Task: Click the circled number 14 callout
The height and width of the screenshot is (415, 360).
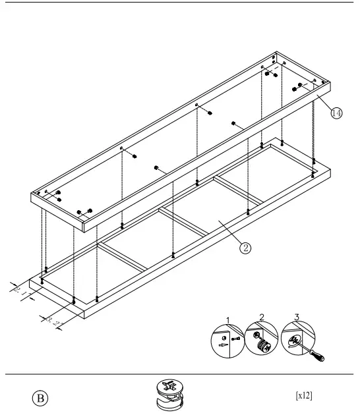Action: [x=336, y=113]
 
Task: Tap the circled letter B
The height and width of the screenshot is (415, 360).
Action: [x=40, y=398]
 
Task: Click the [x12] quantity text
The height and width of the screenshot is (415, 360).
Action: [x=304, y=395]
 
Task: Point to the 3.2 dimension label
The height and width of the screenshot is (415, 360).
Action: [x=52, y=320]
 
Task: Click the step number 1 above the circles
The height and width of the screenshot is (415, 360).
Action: [x=228, y=321]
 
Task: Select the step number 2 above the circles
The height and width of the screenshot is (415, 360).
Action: [x=262, y=318]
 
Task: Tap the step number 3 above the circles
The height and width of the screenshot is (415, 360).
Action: [x=297, y=318]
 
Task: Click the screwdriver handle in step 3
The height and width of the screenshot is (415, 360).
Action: [x=318, y=358]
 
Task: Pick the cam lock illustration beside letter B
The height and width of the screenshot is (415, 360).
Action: [x=168, y=395]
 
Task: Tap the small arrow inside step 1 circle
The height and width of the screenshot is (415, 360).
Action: [x=223, y=344]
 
